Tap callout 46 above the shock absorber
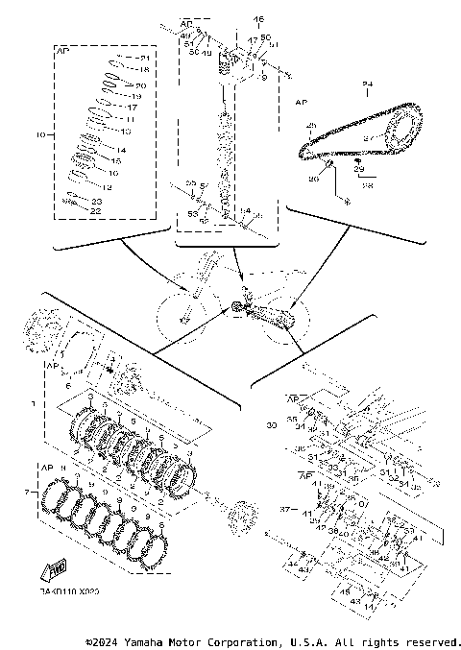click(257, 19)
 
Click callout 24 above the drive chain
click(366, 85)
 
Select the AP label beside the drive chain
click(301, 101)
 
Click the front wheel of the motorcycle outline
click(179, 312)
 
